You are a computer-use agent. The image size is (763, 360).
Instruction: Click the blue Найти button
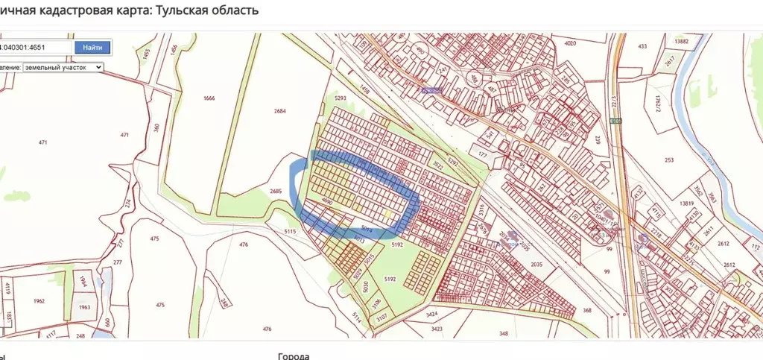[92, 47]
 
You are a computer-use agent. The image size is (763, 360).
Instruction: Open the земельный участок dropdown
[63, 67]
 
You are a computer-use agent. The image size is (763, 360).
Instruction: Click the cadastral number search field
[35, 47]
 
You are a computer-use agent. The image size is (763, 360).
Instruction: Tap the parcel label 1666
[209, 98]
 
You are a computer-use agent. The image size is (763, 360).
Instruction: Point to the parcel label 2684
[279, 112]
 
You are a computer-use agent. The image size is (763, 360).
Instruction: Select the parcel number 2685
[276, 192]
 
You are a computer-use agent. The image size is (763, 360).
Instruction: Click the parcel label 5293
[341, 98]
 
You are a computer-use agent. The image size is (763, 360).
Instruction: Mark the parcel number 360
[156, 127]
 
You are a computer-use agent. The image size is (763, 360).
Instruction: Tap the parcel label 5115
[291, 232]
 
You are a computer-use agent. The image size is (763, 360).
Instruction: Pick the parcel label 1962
[39, 301]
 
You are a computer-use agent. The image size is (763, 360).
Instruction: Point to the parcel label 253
[668, 160]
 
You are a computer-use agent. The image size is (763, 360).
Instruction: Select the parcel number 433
[642, 46]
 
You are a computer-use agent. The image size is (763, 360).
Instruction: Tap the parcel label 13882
[680, 42]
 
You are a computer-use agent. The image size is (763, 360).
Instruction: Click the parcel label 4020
[571, 44]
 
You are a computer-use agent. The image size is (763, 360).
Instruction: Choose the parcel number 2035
[536, 265]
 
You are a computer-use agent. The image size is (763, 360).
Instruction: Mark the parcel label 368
[587, 310]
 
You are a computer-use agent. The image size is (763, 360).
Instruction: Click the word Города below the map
[293, 356]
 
